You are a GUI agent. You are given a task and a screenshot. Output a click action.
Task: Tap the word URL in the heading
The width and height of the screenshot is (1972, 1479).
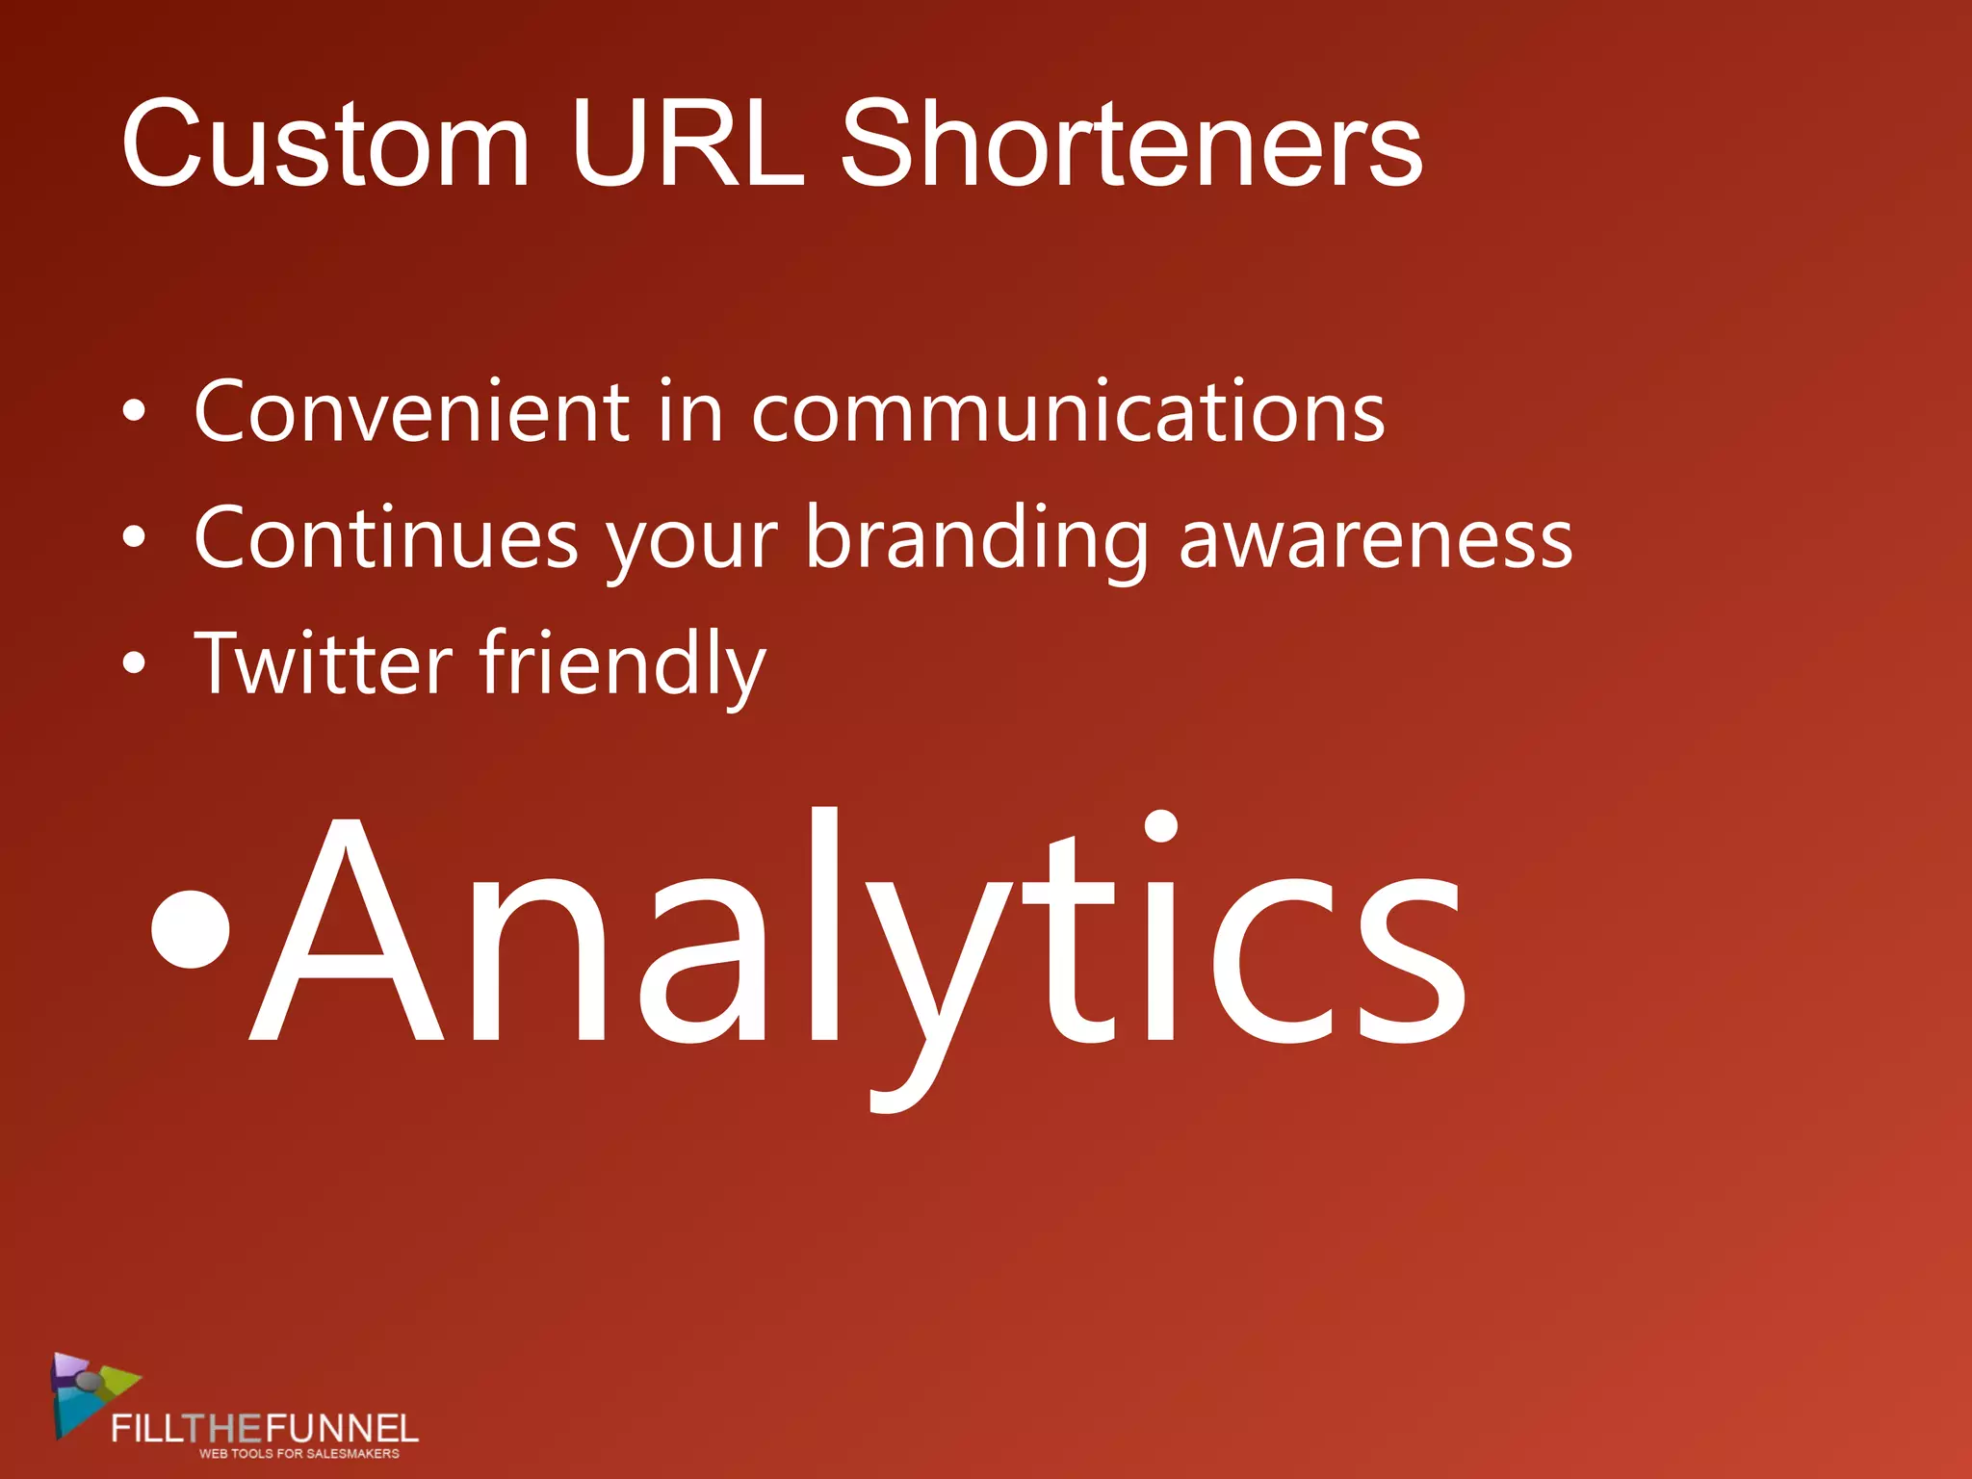(x=687, y=144)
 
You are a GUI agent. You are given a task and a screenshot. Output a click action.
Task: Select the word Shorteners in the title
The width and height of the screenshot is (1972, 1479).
(x=1130, y=144)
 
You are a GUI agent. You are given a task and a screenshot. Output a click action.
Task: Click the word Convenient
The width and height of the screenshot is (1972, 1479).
(x=411, y=412)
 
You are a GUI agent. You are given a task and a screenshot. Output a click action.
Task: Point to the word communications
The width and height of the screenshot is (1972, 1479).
(x=1067, y=412)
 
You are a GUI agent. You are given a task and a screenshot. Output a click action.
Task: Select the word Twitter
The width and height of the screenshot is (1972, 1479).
(x=324, y=663)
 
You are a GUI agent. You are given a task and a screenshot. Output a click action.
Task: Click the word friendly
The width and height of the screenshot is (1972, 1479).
(x=622, y=663)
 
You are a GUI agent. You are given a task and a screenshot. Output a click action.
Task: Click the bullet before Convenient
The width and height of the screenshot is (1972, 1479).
(x=135, y=412)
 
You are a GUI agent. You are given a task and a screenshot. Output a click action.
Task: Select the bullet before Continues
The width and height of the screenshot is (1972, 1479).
(x=135, y=538)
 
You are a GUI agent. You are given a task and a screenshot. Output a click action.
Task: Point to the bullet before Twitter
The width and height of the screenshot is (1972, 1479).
(x=135, y=663)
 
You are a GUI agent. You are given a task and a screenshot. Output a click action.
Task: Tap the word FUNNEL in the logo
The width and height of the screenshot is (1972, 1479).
(x=341, y=1427)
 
